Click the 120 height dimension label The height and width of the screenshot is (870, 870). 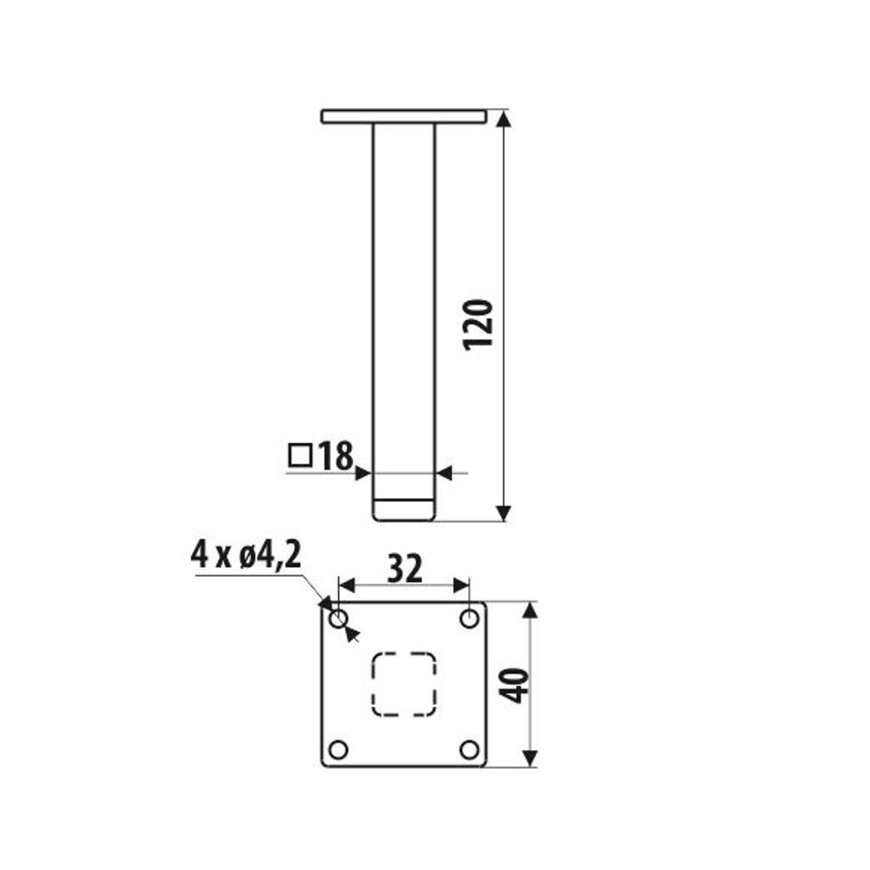coord(478,325)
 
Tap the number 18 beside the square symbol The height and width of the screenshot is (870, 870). coord(336,455)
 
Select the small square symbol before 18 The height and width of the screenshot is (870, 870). coord(300,455)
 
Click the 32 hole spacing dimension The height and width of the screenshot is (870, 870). coord(404,568)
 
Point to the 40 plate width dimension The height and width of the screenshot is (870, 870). coord(514,686)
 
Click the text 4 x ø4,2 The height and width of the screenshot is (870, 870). coord(246,554)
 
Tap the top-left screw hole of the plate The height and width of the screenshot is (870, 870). coord(338,619)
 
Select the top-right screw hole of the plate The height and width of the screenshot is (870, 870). coord(469,619)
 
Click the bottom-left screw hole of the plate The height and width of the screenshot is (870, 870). coord(338,749)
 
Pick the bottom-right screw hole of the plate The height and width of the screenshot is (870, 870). coord(469,749)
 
